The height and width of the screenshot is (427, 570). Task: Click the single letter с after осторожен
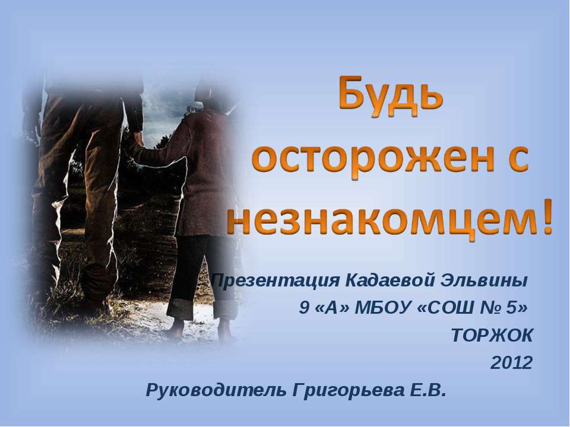[516, 159]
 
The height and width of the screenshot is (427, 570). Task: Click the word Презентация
[274, 279]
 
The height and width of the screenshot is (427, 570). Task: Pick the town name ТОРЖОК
[492, 336]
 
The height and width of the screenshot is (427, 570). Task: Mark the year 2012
[511, 363]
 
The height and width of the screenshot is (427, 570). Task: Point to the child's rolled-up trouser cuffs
[199, 308]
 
